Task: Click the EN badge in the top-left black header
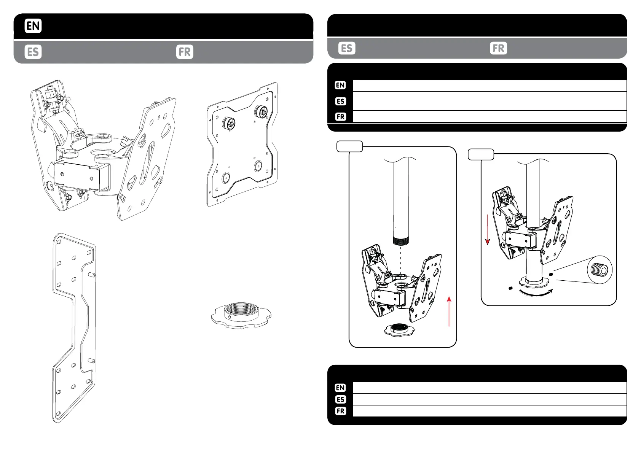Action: coord(33,26)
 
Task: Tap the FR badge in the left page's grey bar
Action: coord(185,52)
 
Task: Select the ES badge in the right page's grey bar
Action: coord(347,48)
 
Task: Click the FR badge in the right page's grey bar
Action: coord(499,48)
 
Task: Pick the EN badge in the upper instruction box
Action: coord(340,85)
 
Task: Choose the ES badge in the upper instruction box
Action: coord(340,101)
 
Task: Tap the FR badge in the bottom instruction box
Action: coord(340,411)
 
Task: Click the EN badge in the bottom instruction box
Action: coord(340,388)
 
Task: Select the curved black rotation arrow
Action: coord(535,293)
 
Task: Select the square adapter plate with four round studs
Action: coord(242,145)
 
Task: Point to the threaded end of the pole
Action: coord(400,240)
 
